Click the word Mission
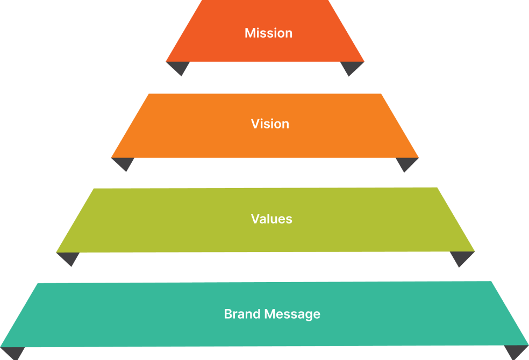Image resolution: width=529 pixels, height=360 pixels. click(268, 33)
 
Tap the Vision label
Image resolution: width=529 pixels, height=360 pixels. click(270, 124)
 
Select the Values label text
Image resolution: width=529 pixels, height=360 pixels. click(271, 219)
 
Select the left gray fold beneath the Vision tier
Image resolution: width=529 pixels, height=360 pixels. click(123, 163)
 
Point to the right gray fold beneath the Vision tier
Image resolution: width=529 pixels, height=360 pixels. click(406, 163)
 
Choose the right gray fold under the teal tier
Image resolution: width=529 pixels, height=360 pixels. click(516, 351)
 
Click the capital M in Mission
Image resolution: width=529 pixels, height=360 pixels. click(249, 33)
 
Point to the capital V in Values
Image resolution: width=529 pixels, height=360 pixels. click(255, 219)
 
